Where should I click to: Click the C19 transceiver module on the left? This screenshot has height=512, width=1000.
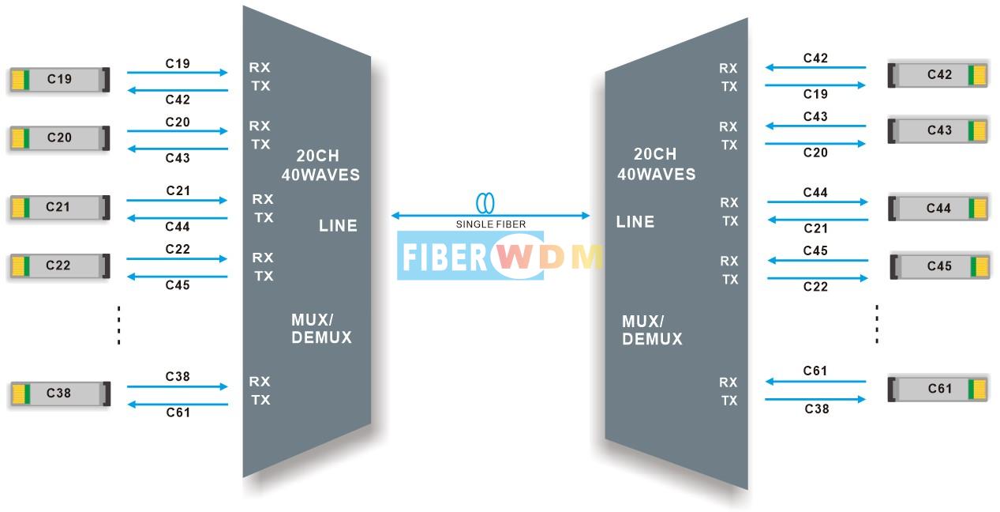tap(60, 80)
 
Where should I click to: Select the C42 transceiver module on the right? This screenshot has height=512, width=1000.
tap(938, 74)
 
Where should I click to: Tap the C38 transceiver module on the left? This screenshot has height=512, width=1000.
tap(60, 393)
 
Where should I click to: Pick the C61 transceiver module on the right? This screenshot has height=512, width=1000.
tap(938, 389)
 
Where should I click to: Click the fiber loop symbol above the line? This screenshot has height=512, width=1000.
tap(485, 203)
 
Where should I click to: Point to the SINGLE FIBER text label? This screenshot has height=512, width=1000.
tap(491, 224)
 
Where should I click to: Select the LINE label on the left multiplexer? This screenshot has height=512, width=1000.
tap(338, 226)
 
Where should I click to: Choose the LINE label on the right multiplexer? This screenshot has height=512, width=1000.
tap(635, 221)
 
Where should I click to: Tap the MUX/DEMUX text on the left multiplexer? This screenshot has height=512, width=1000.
tap(321, 329)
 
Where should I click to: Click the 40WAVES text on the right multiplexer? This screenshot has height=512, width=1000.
tap(656, 174)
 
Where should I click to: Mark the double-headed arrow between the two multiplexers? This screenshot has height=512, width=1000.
tap(490, 216)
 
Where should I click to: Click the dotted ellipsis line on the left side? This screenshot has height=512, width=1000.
tap(118, 326)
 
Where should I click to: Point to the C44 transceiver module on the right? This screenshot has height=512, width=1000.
tap(938, 208)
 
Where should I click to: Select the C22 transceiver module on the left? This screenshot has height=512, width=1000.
tap(60, 265)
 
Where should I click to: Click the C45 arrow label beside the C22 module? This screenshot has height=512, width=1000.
tap(178, 285)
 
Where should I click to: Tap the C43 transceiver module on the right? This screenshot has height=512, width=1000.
tap(938, 130)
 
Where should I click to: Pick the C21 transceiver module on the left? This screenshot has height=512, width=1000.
tap(60, 207)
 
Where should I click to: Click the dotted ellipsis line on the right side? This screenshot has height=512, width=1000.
tap(877, 324)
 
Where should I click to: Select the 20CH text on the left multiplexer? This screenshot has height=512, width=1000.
tap(317, 156)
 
